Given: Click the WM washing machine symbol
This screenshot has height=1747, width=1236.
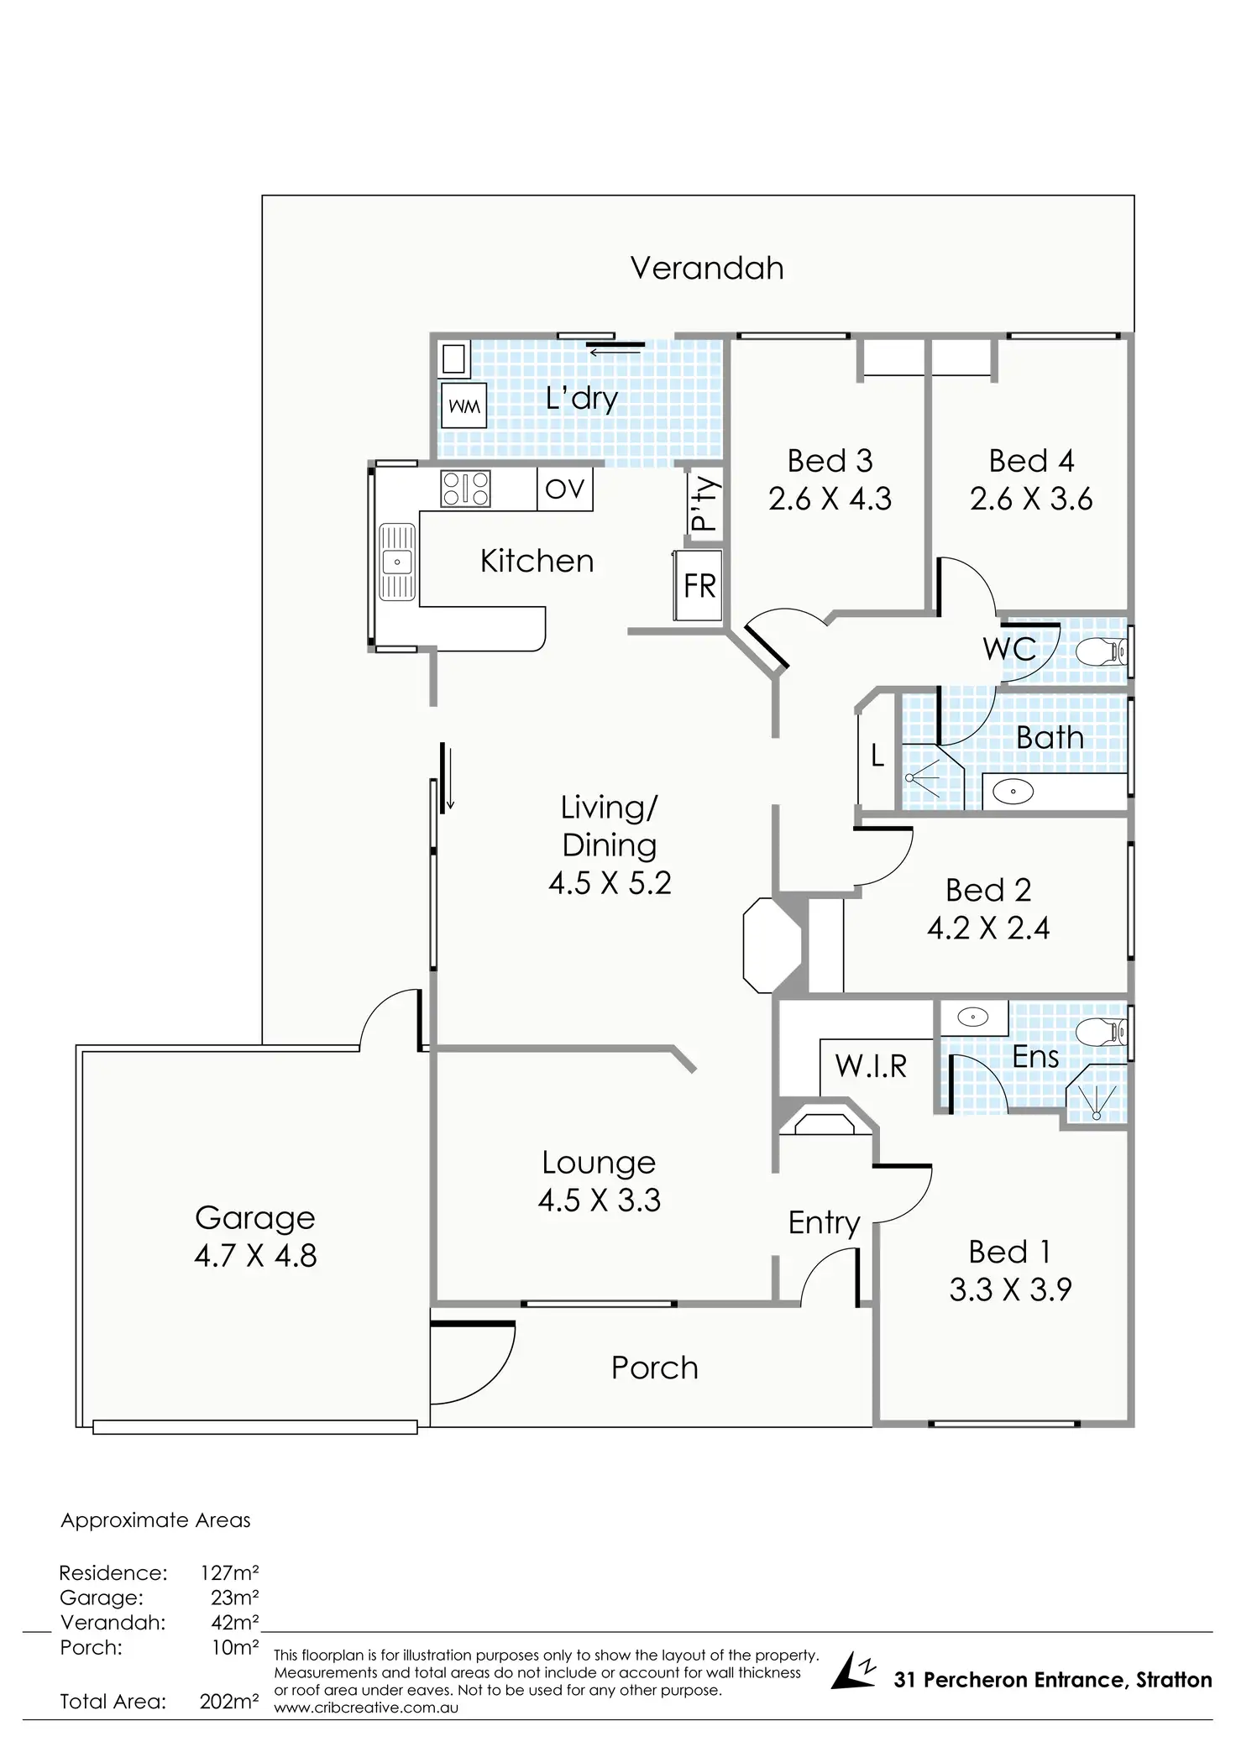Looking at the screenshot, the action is pos(463,406).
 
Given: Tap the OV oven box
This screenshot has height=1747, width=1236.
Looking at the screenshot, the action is pos(564,489).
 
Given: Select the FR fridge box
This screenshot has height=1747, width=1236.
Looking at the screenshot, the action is pos(699,585).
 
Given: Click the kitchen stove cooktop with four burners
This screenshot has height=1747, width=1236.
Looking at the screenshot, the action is pos(465,489).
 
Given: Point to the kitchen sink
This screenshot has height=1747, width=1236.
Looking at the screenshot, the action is pos(397,562).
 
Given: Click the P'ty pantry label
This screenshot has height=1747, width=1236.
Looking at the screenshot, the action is pos(704,505).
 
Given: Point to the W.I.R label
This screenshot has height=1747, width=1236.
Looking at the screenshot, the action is pos(871,1066).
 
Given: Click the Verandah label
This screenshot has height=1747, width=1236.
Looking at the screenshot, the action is pos(707,268).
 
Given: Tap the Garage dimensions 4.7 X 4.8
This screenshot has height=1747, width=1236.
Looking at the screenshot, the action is pos(255,1256).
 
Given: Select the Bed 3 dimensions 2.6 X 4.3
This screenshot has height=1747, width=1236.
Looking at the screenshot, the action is pos(830,499).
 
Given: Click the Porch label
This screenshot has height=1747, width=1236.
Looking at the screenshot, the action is pos(654,1368).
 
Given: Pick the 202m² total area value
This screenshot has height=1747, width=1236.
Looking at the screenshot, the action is pos(228,1702).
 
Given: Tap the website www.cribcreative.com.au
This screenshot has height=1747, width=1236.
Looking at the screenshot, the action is pos(366,1707).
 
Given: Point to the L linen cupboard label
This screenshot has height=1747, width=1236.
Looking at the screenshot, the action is pos(877,756).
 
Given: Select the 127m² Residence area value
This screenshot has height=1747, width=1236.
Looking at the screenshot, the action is pos(228,1572).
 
